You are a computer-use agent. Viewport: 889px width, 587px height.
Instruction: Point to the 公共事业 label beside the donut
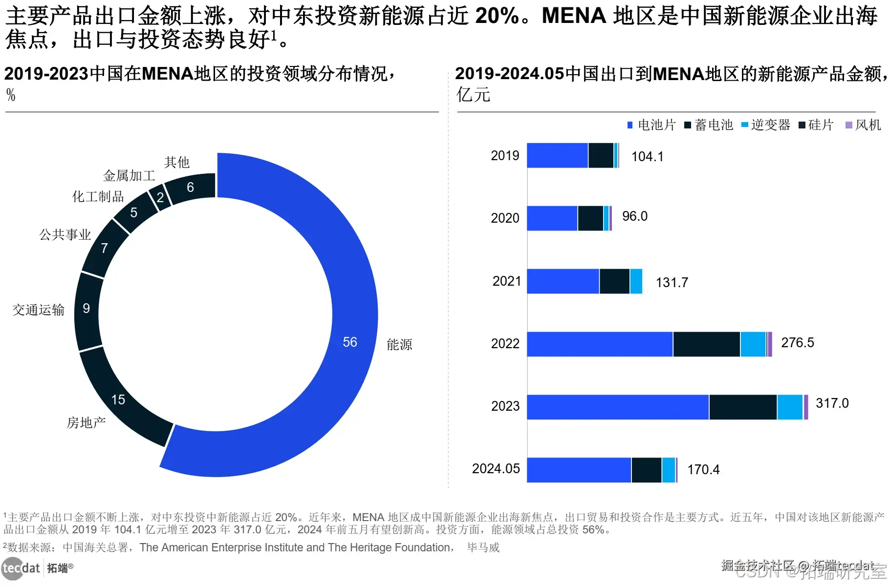[x=65, y=235]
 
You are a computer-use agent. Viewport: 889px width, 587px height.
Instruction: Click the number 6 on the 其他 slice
[x=190, y=187]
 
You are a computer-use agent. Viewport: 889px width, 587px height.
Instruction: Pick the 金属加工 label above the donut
[x=129, y=175]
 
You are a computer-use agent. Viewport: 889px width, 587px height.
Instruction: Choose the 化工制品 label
[x=98, y=196]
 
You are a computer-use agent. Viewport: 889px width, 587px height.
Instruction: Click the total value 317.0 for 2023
[x=832, y=403]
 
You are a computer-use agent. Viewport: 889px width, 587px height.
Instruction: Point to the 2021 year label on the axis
[x=506, y=281]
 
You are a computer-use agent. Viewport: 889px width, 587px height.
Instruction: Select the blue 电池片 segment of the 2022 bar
[x=600, y=344]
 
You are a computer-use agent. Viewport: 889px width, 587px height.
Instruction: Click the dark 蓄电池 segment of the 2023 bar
[x=743, y=407]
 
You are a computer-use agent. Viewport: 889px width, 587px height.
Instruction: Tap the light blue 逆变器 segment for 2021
[x=636, y=281]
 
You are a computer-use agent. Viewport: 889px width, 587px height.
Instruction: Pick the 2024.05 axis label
[x=496, y=469]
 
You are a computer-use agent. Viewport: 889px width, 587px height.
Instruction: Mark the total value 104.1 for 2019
[x=647, y=157]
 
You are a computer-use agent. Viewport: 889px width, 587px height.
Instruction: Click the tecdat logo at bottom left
[x=21, y=568]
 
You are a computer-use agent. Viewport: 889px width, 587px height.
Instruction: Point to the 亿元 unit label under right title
[x=473, y=95]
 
